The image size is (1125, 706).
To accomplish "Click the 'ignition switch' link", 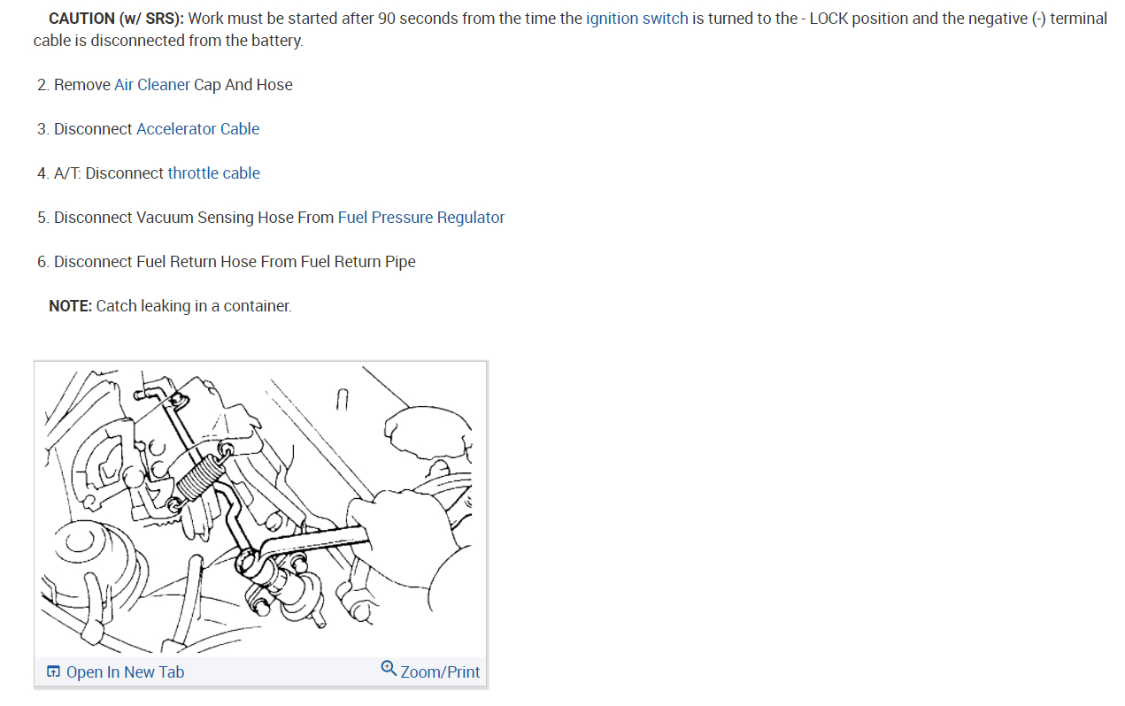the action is pyautogui.click(x=636, y=19).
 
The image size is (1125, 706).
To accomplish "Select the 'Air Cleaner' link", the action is pyautogui.click(x=151, y=85).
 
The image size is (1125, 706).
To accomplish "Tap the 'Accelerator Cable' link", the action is pyautogui.click(x=197, y=129).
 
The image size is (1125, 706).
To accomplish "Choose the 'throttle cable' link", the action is pyautogui.click(x=213, y=173).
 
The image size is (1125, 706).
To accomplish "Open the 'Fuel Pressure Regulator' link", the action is pyautogui.click(x=420, y=218).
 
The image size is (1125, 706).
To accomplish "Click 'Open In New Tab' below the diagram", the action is pyautogui.click(x=125, y=672).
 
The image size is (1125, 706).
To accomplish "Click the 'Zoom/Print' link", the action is pyautogui.click(x=440, y=672).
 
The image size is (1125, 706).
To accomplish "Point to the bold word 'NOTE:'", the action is pyautogui.click(x=70, y=306).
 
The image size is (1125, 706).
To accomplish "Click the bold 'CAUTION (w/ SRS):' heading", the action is pyautogui.click(x=116, y=19).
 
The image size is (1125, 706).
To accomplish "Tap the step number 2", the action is pyautogui.click(x=42, y=85).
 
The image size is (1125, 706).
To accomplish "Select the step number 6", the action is pyautogui.click(x=42, y=262).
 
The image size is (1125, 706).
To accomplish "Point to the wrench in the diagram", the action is pyautogui.click(x=310, y=542).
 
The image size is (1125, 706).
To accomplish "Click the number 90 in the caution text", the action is pyautogui.click(x=386, y=19).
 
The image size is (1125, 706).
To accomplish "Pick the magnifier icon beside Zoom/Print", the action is pyautogui.click(x=389, y=668).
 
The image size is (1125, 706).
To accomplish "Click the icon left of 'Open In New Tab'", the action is pyautogui.click(x=54, y=672).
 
